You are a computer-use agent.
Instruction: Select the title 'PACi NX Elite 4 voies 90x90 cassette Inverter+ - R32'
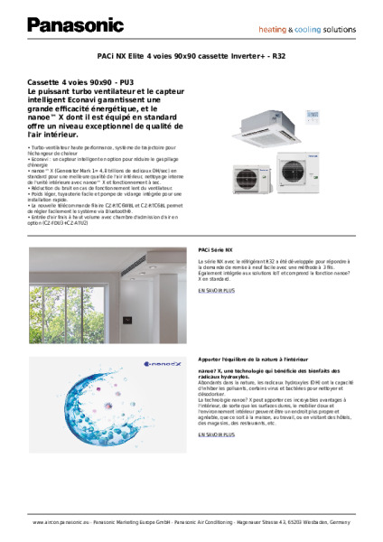pos(191,55)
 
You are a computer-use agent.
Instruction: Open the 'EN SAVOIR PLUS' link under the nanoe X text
pos(216,435)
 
